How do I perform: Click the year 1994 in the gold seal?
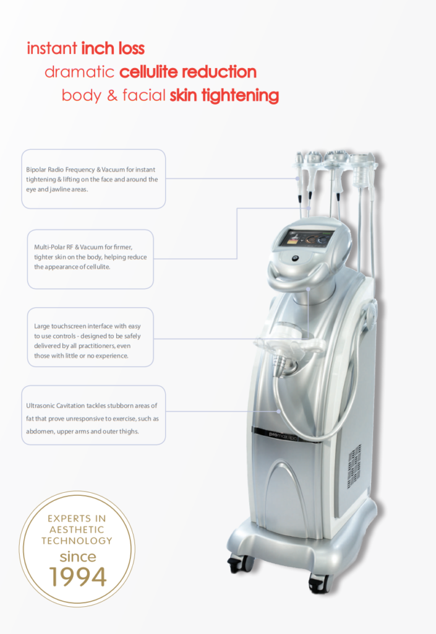(x=77, y=576)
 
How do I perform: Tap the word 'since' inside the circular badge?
(x=78, y=557)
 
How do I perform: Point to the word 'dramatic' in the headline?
(x=80, y=72)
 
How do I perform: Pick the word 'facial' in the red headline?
(x=144, y=95)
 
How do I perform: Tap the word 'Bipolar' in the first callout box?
(x=36, y=170)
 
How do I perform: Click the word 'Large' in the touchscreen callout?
(x=42, y=326)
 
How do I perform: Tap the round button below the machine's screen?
(x=296, y=258)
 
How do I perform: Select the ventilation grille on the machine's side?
(x=354, y=466)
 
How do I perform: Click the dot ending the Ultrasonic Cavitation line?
(x=278, y=411)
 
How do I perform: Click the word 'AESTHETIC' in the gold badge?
(x=77, y=530)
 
